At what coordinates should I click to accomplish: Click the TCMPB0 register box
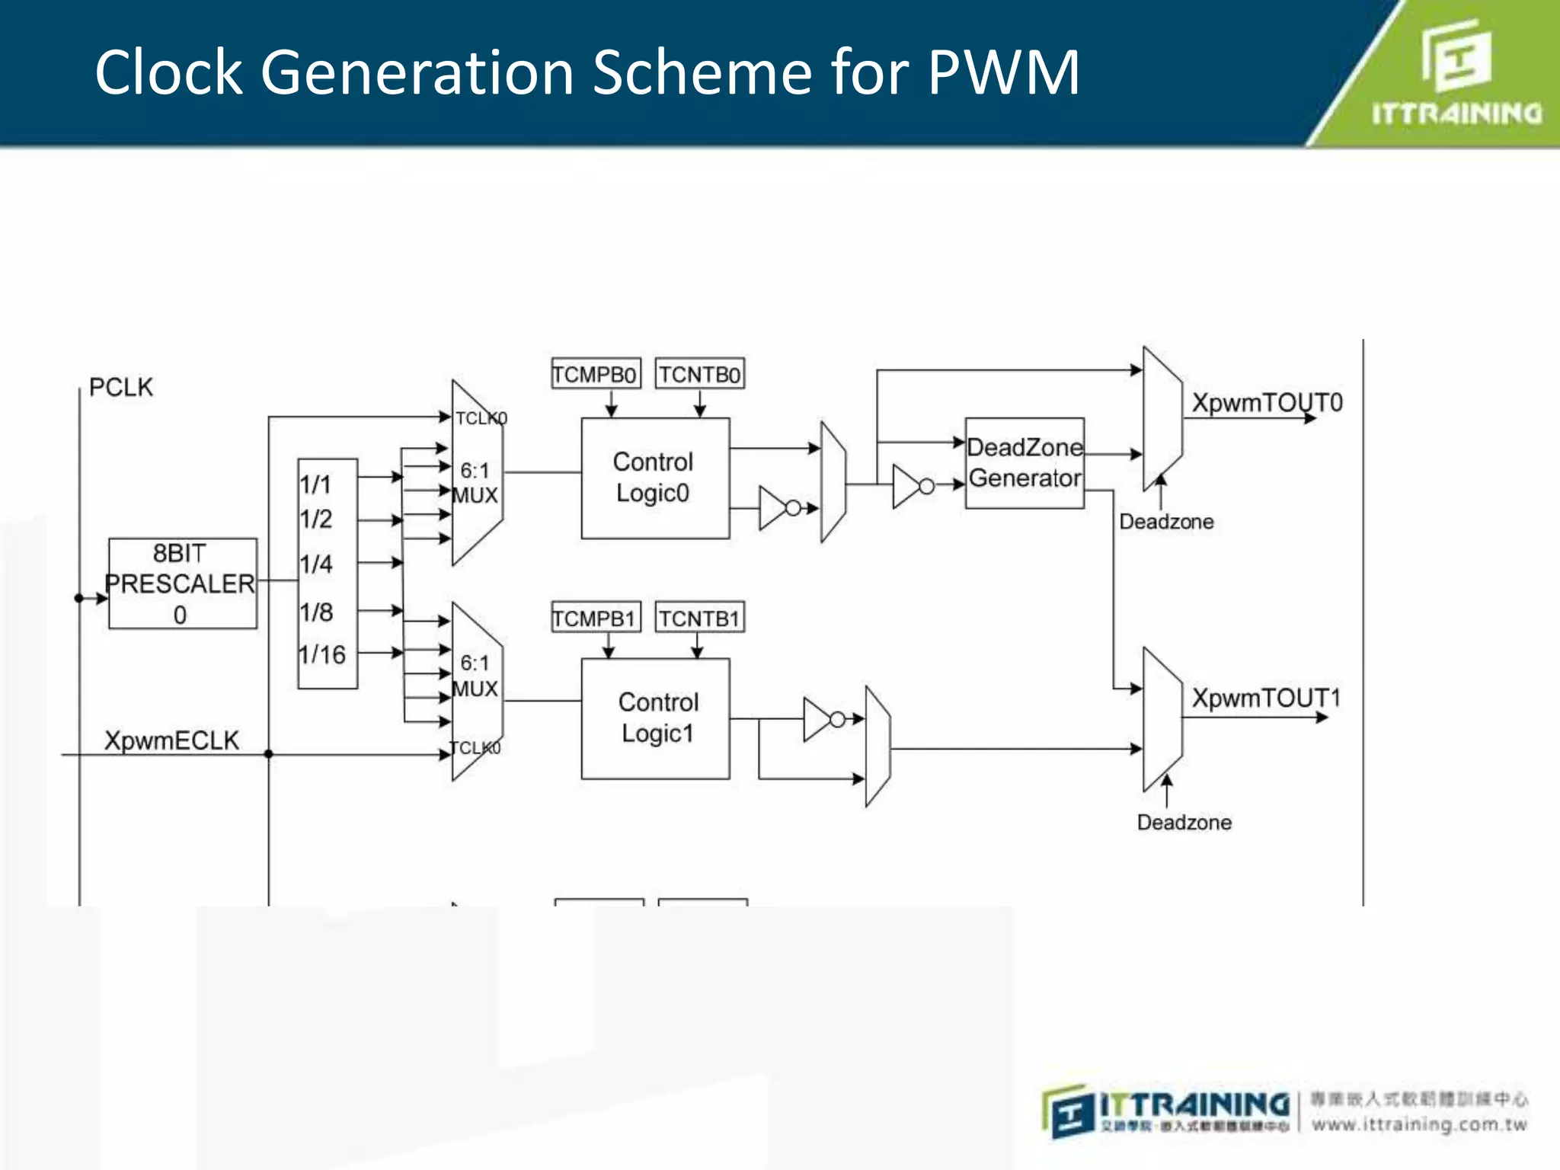point(595,374)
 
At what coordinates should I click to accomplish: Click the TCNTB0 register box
point(699,374)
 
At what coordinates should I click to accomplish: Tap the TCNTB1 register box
point(699,618)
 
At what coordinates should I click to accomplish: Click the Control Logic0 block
point(654,478)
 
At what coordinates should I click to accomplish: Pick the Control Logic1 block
point(654,718)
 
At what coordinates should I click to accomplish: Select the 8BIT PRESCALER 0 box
point(182,583)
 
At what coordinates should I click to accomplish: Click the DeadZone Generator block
point(1024,462)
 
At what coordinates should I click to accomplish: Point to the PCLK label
point(120,387)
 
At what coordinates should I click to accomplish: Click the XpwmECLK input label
point(171,740)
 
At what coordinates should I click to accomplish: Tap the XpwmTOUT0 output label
point(1266,402)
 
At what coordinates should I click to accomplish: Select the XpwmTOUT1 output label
point(1265,698)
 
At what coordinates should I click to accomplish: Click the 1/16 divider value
point(322,654)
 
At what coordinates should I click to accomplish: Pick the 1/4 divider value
point(316,564)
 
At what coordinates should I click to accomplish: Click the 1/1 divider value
point(315,484)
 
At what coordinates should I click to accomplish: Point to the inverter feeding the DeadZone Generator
point(911,486)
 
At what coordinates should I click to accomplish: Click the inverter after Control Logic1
point(822,718)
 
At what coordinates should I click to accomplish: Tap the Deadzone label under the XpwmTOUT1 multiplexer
point(1184,823)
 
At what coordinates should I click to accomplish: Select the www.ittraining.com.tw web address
point(1418,1125)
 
